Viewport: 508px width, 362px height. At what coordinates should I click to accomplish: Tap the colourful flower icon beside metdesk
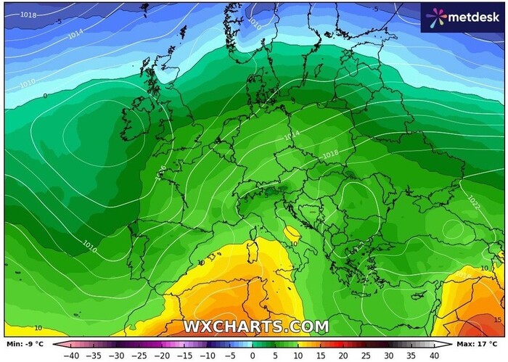point(436,17)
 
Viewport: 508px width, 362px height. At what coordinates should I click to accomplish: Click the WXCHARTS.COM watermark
point(255,326)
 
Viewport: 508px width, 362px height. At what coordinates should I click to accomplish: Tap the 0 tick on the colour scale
point(253,355)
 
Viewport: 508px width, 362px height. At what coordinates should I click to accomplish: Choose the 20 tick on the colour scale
point(344,355)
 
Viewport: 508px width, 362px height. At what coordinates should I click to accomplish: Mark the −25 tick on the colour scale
point(139,355)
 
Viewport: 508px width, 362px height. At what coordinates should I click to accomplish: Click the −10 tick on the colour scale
point(207,355)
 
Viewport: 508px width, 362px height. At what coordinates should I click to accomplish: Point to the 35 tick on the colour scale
point(412,355)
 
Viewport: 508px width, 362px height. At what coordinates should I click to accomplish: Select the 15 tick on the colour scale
point(321,355)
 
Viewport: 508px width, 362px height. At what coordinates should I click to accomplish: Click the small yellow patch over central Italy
point(292,234)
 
